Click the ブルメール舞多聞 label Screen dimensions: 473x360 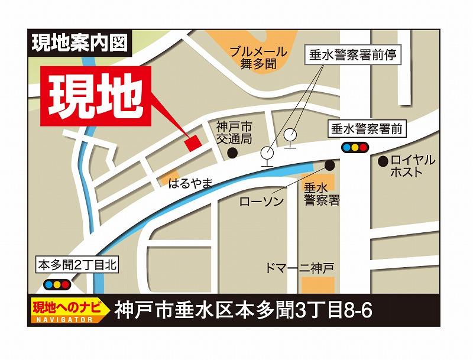pyautogui.click(x=258, y=58)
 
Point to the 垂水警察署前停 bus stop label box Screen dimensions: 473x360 pyautogui.click(x=352, y=56)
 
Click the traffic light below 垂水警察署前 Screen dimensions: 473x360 pyautogui.click(x=354, y=147)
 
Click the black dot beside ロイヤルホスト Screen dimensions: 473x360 pyautogui.click(x=383, y=160)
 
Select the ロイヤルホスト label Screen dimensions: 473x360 pyautogui.click(x=412, y=166)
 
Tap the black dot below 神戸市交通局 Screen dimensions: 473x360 pyautogui.click(x=234, y=153)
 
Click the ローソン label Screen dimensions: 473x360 pyautogui.click(x=261, y=202)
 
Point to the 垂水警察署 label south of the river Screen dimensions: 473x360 pyautogui.click(x=322, y=194)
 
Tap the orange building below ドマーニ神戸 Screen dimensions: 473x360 pyautogui.click(x=318, y=284)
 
